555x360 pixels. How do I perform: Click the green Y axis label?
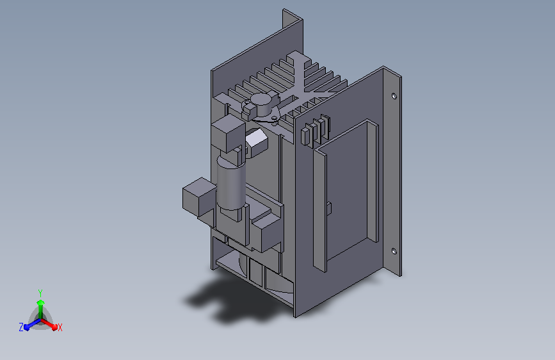coord(40,293)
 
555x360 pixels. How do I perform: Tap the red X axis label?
coord(60,328)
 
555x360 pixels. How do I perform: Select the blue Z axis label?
coord(21,327)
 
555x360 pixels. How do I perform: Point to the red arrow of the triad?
coord(49,325)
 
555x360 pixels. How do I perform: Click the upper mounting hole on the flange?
coord(394,95)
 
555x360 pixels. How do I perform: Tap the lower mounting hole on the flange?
coord(394,251)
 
